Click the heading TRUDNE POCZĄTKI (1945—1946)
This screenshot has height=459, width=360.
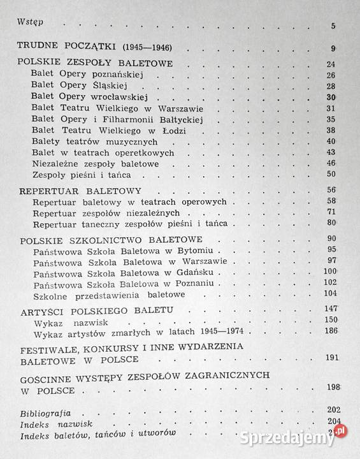pyautogui.click(x=94, y=48)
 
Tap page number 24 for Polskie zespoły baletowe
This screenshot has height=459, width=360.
pyautogui.click(x=330, y=64)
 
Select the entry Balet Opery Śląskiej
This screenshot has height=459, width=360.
pyautogui.click(x=80, y=86)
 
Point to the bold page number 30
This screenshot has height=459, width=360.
pyautogui.click(x=330, y=97)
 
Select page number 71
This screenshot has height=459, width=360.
pyautogui.click(x=331, y=212)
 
